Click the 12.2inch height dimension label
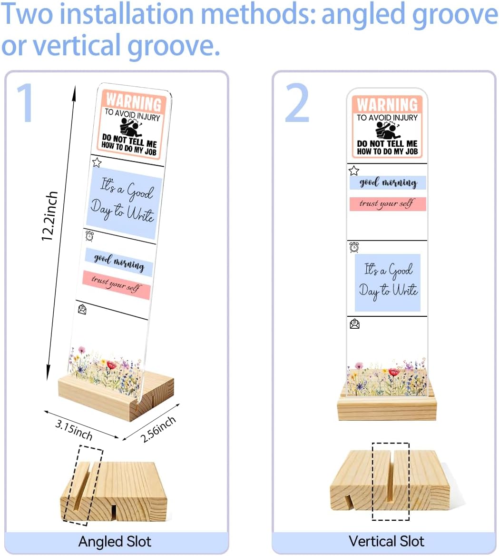tap(49, 216)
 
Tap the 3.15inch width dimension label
tap(74, 429)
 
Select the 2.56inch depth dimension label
tap(158, 429)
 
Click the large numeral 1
tap(26, 102)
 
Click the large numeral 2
tap(297, 102)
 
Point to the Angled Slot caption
tap(115, 541)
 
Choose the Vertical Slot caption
tap(386, 541)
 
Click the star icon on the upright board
tap(354, 171)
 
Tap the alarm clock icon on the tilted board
tap(89, 236)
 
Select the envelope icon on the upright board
tap(354, 324)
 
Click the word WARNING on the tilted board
tap(134, 102)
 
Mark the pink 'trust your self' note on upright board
tap(387, 204)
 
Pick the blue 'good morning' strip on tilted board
tap(119, 263)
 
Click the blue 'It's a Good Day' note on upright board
tap(387, 283)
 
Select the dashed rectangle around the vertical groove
tap(391, 482)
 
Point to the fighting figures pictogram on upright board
tap(388, 130)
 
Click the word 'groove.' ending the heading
tap(173, 45)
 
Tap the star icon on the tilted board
tap(97, 162)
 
